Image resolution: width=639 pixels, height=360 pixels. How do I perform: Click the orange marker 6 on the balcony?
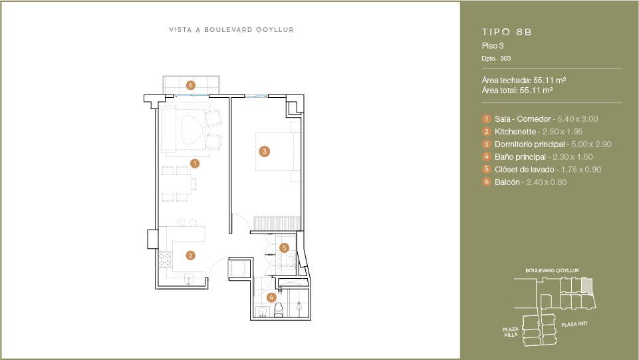click(190, 85)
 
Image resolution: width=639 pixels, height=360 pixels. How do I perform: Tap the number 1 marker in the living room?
click(195, 164)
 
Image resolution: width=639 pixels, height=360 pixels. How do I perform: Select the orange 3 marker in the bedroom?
click(265, 151)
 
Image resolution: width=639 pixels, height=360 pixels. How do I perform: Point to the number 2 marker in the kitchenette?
click(190, 256)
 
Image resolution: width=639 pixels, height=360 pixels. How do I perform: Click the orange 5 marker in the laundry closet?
click(284, 248)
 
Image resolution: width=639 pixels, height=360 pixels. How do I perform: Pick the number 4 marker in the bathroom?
click(271, 297)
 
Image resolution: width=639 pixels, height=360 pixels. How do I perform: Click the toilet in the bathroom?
click(279, 310)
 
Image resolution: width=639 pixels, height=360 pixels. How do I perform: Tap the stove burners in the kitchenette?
click(165, 260)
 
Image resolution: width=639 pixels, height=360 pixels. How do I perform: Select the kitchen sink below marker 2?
click(189, 279)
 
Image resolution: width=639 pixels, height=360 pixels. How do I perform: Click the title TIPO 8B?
click(507, 32)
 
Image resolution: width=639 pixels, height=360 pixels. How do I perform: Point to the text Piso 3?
click(493, 46)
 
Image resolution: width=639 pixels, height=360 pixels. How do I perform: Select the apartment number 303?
click(505, 59)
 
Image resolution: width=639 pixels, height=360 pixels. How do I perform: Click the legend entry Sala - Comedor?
click(523, 119)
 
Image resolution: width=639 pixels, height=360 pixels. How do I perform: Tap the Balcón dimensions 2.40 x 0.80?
click(547, 182)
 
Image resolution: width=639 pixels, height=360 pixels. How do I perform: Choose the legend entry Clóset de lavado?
click(524, 170)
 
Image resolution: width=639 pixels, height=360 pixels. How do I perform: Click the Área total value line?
click(517, 90)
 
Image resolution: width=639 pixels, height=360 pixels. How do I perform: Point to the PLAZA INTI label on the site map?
click(575, 324)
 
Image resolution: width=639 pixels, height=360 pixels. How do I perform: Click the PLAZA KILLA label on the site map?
click(511, 332)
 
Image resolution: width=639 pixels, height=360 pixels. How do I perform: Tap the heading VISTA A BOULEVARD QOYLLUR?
click(231, 30)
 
